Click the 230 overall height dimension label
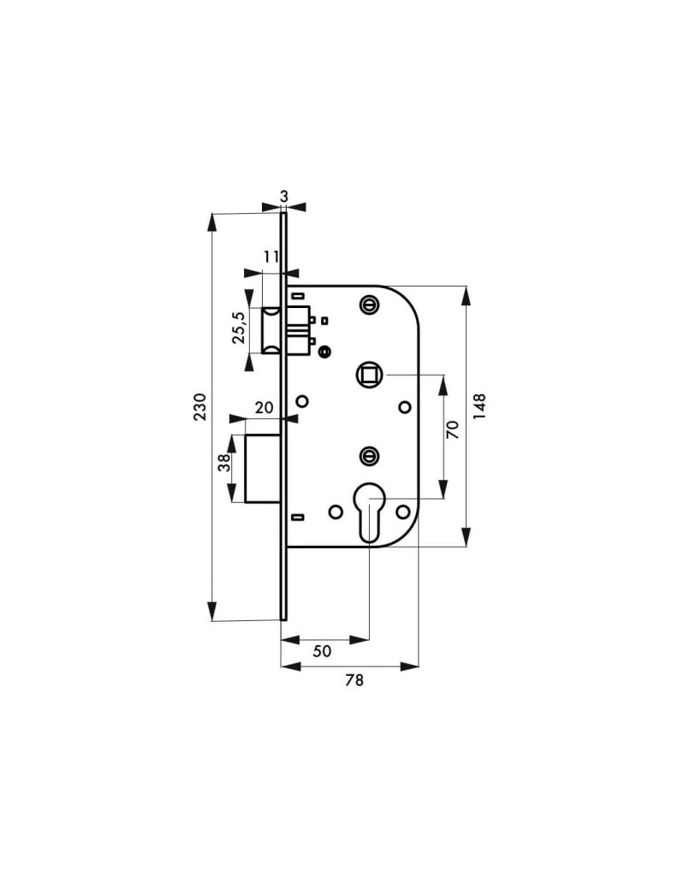coord(199,406)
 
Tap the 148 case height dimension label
coord(479,407)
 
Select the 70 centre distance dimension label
coord(452,429)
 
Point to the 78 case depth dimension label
coord(354,680)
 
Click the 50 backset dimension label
coord(322,651)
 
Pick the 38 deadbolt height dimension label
coord(224,463)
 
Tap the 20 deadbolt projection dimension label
coord(265,407)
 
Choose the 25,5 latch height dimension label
coord(239,327)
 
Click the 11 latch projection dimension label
coord(271,257)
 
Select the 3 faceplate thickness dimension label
coord(284,196)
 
